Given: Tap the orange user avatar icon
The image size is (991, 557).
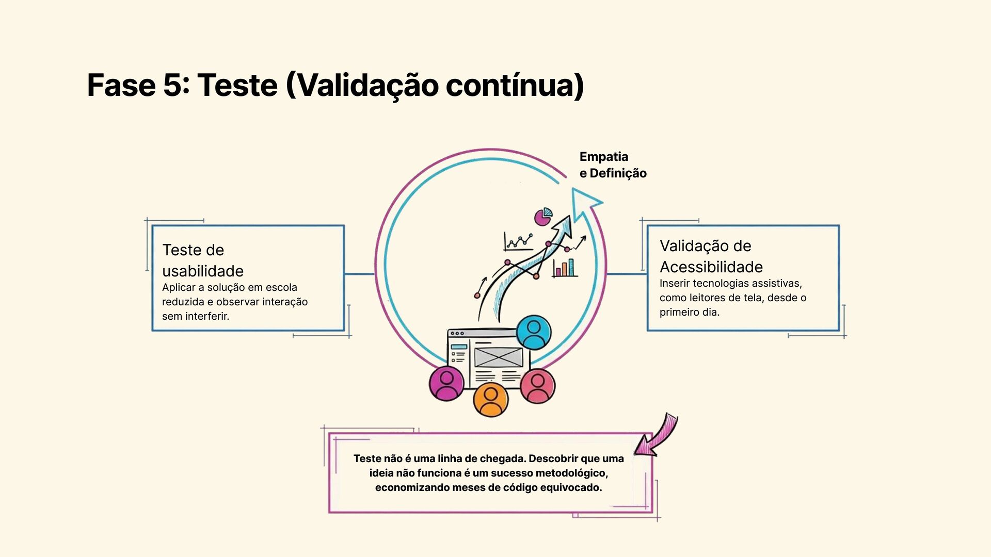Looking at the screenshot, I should (x=491, y=400).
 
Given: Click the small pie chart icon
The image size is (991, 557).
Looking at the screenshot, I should (x=543, y=217).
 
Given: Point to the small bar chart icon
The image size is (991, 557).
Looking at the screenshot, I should (x=565, y=268).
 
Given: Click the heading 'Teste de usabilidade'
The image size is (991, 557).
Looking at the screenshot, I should (x=203, y=260).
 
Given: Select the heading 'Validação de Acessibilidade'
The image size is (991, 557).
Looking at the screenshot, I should (x=711, y=256).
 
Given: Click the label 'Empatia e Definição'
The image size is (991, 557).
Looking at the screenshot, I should (x=613, y=165).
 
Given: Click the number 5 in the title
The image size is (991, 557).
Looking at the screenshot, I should (x=172, y=85).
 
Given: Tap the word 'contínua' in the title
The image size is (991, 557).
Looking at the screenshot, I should (x=515, y=85).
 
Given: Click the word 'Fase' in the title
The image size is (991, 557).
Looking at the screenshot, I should (x=121, y=85).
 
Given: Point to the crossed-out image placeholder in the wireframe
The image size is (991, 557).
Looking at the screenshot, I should (x=498, y=357).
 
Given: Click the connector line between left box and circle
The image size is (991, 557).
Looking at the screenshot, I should (x=359, y=274).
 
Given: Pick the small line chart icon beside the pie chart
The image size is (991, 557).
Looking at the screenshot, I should (x=518, y=241).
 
